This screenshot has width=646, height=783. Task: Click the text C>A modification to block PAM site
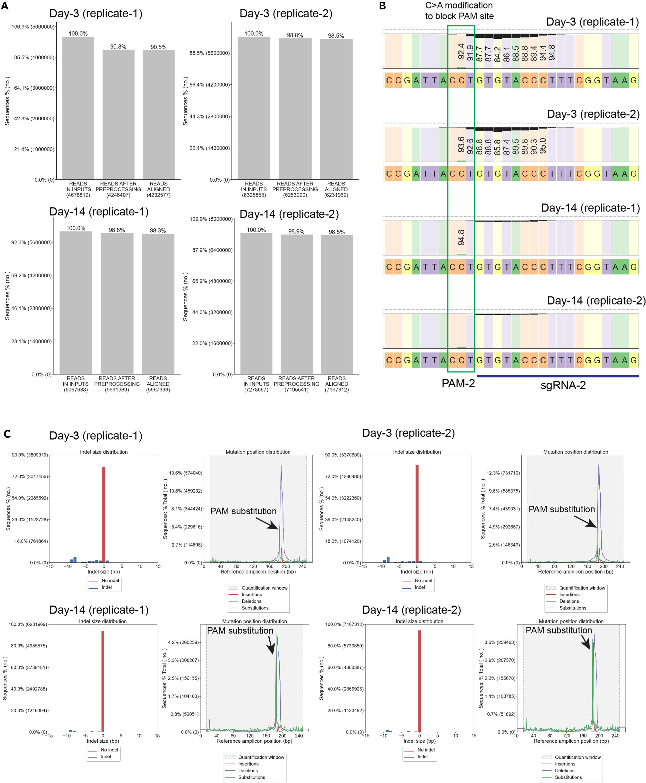point(459,11)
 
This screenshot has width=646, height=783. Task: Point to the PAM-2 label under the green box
point(458,383)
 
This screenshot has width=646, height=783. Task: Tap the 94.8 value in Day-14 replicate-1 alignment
point(461,237)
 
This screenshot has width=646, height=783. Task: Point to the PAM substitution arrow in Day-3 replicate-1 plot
point(267,523)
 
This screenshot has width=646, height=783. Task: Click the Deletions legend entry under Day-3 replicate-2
point(569,601)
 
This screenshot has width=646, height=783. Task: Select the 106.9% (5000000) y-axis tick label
point(33,27)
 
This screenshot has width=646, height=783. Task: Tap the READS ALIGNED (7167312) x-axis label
point(336,384)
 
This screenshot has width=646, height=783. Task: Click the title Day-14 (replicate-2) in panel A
point(289,214)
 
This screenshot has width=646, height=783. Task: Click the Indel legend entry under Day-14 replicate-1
point(106,757)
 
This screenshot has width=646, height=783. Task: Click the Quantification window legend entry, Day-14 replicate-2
point(578,757)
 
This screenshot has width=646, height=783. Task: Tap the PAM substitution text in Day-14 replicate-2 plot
point(559,630)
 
